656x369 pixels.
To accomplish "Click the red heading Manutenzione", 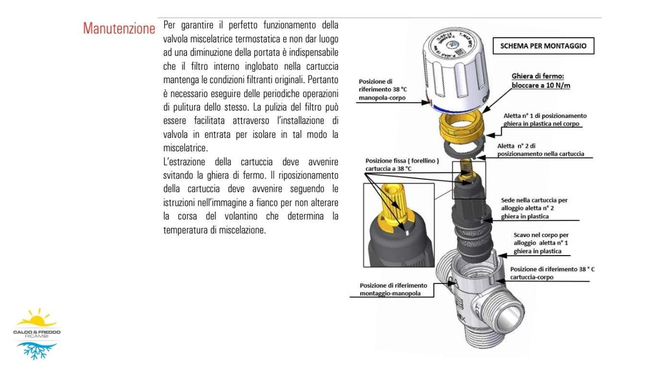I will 119,28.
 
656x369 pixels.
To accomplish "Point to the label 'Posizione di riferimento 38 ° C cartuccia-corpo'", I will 552,273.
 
